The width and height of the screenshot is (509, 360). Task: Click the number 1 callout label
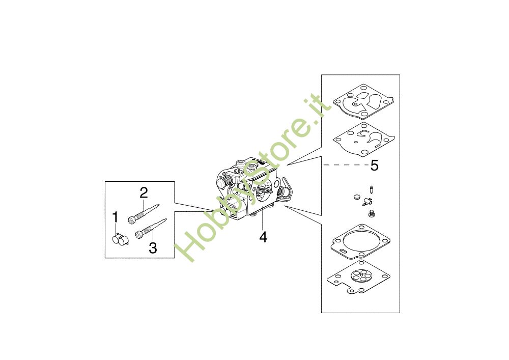point(115,217)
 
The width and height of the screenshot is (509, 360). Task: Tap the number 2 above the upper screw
point(144,193)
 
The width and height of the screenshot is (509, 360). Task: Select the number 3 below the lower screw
point(153,248)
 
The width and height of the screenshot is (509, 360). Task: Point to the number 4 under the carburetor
point(263,237)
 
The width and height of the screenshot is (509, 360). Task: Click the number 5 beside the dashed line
point(375,165)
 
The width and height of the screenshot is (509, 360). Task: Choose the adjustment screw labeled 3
point(151,229)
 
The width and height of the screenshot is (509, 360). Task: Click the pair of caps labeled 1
point(120,240)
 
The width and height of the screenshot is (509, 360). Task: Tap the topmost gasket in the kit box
point(363,101)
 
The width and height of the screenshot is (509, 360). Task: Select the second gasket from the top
point(364,139)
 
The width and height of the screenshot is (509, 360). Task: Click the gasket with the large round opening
point(361,242)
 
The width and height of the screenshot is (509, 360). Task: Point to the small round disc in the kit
point(357,197)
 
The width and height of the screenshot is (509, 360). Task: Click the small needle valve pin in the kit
point(371,189)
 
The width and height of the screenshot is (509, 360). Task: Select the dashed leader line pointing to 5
point(346,165)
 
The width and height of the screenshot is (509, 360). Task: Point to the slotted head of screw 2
point(131,221)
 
